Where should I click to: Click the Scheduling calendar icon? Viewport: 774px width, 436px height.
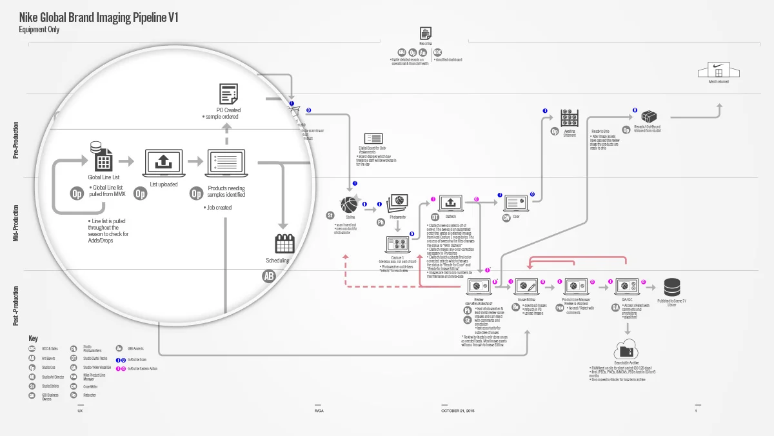[284, 243]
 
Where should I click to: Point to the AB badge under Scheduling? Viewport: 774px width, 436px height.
[269, 276]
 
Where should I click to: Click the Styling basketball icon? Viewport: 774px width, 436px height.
[349, 204]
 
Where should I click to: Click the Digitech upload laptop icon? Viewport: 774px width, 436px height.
[450, 203]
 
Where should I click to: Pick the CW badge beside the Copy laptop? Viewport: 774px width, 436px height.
[506, 217]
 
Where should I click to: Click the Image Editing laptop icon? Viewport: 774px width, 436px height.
[528, 286]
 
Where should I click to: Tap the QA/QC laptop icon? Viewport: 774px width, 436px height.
[626, 286]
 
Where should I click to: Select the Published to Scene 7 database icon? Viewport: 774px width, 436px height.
[672, 286]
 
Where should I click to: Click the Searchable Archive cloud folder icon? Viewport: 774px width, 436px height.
[626, 351]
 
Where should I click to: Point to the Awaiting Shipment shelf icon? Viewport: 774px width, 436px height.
[569, 117]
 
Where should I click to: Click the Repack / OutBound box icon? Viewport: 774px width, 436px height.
[650, 117]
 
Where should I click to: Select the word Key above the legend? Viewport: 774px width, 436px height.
[33, 339]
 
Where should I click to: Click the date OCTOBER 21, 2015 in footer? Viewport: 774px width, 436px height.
[457, 410]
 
